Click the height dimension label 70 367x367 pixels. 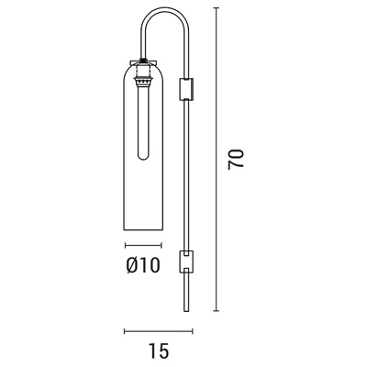coord(236,159)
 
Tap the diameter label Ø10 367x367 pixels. coord(143,265)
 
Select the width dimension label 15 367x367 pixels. coord(159,350)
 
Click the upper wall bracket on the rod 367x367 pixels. coord(186,89)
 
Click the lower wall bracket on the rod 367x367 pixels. coord(186,261)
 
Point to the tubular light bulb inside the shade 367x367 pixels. coord(143,122)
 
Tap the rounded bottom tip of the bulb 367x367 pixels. coord(143,160)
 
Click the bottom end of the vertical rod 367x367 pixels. coord(185,311)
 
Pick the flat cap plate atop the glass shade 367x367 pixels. coord(143,62)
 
